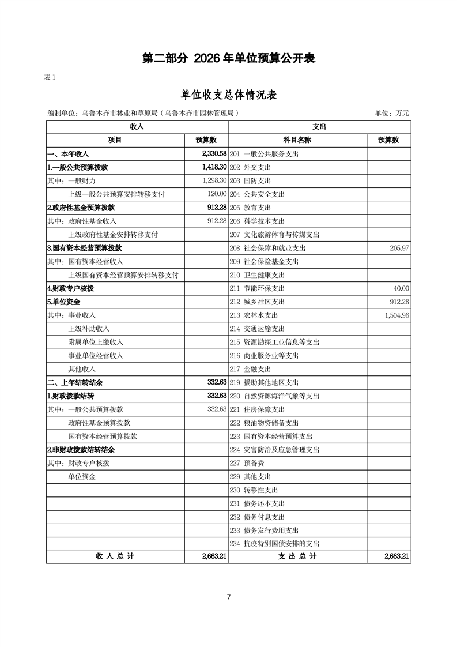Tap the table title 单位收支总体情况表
pos(228,95)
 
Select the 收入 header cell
pos(137,126)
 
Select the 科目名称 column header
pos(297,140)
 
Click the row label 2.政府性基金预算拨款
pos(81,208)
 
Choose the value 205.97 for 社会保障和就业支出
pos(398,248)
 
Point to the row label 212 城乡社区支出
pos(257,302)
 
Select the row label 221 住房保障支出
pos(257,409)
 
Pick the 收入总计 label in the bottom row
pos(115,556)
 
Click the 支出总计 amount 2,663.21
pos(396,556)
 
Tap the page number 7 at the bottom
pos(229,597)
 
